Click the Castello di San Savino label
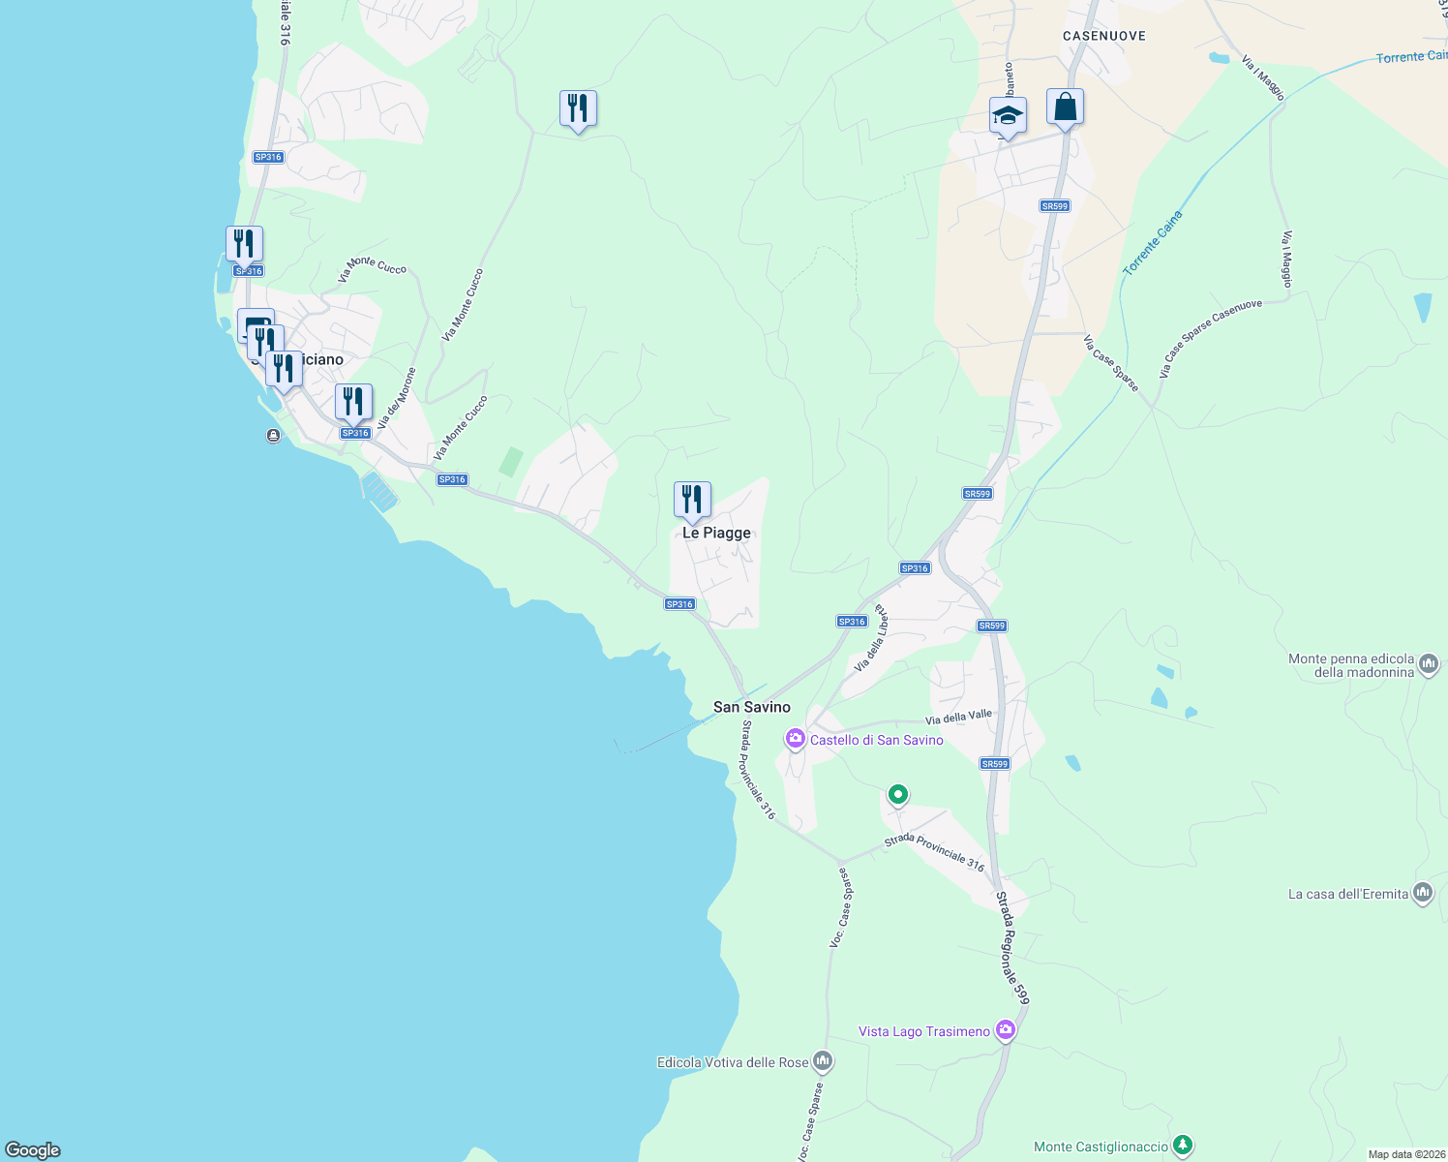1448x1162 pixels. tap(876, 740)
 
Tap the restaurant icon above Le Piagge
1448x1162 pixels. tap(692, 500)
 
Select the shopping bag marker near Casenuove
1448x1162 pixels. tap(1065, 107)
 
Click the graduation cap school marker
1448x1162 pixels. tap(1008, 116)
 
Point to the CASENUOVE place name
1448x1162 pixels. tap(1103, 36)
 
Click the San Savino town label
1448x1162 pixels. tap(751, 707)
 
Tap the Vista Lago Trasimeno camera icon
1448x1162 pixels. tap(1006, 1030)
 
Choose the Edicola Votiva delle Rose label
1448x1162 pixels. tap(732, 1062)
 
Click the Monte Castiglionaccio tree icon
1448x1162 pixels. tap(1182, 1146)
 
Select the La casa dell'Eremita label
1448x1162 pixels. tap(1347, 894)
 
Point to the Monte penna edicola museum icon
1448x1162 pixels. tap(1429, 664)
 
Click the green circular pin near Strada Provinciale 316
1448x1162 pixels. tap(898, 795)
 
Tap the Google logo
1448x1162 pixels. tap(33, 1150)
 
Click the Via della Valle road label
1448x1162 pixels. tap(958, 718)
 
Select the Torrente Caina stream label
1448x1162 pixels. tap(1152, 242)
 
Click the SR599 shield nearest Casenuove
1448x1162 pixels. tap(1054, 205)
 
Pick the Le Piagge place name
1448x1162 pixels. tap(716, 533)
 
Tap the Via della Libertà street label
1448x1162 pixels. tap(869, 639)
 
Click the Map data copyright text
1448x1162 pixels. tap(1406, 1154)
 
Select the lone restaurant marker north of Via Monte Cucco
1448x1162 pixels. tap(578, 108)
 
